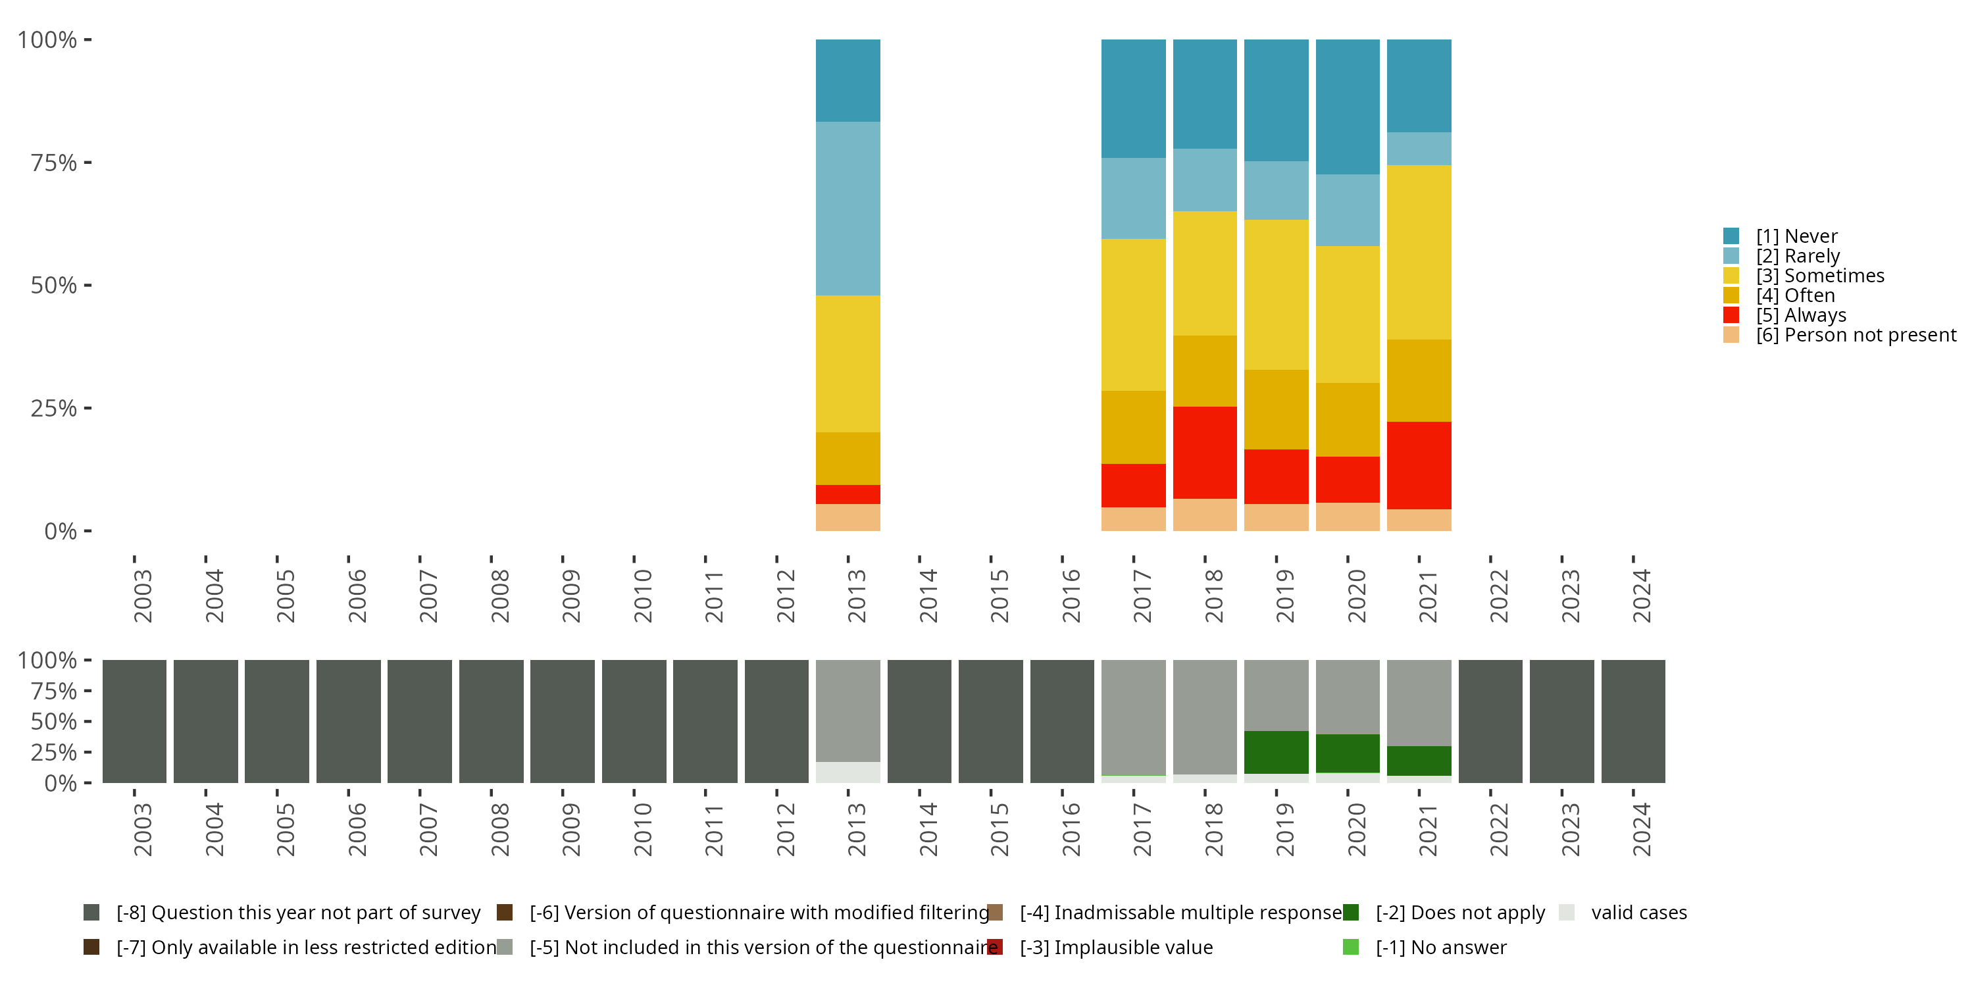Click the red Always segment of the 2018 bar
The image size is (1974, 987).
click(1205, 452)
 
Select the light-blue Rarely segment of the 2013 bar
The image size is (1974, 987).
click(848, 209)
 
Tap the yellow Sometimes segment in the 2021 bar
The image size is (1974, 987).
click(1419, 252)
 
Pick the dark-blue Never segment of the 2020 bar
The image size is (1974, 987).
click(1347, 107)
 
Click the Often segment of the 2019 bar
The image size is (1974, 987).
click(1276, 409)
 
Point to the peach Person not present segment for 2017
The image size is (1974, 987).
click(1133, 519)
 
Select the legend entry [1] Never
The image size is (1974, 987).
click(1796, 236)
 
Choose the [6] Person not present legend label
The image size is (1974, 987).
click(1854, 336)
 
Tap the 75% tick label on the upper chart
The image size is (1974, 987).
click(54, 163)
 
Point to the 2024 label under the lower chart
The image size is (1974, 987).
click(1642, 829)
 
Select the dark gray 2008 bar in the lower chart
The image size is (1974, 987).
click(492, 721)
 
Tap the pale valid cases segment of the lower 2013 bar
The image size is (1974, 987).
click(848, 772)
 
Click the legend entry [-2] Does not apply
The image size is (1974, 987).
click(1459, 913)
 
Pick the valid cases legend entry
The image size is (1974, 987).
click(1638, 913)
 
